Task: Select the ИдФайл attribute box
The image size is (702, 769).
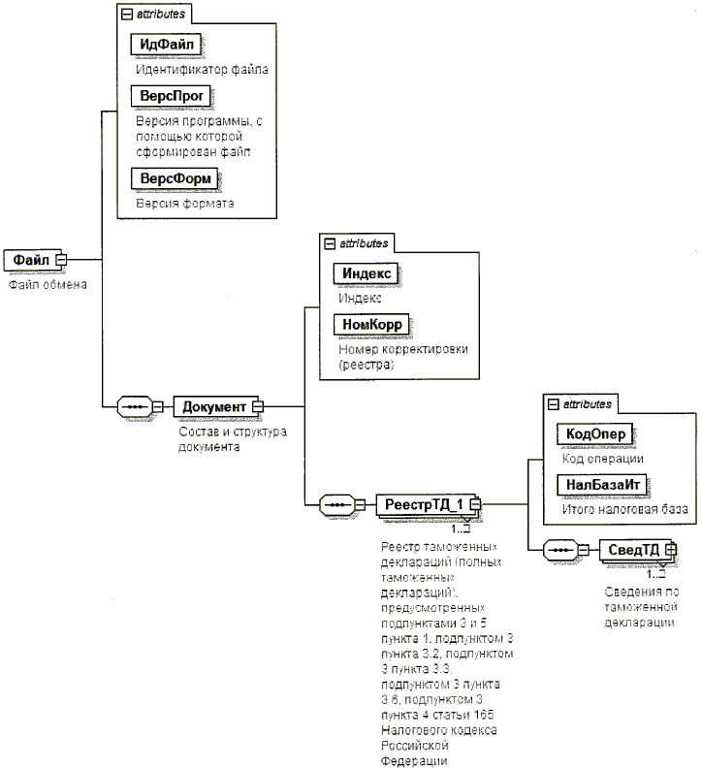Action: click(x=169, y=46)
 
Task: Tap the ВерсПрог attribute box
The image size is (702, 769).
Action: click(x=170, y=97)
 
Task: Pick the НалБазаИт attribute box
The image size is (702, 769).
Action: click(x=600, y=484)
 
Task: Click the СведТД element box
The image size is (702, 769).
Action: click(x=631, y=550)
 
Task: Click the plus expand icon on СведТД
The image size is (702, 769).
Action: click(x=669, y=550)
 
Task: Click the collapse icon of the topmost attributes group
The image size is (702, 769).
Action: click(x=125, y=16)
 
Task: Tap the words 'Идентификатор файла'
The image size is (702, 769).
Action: click(x=202, y=70)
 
